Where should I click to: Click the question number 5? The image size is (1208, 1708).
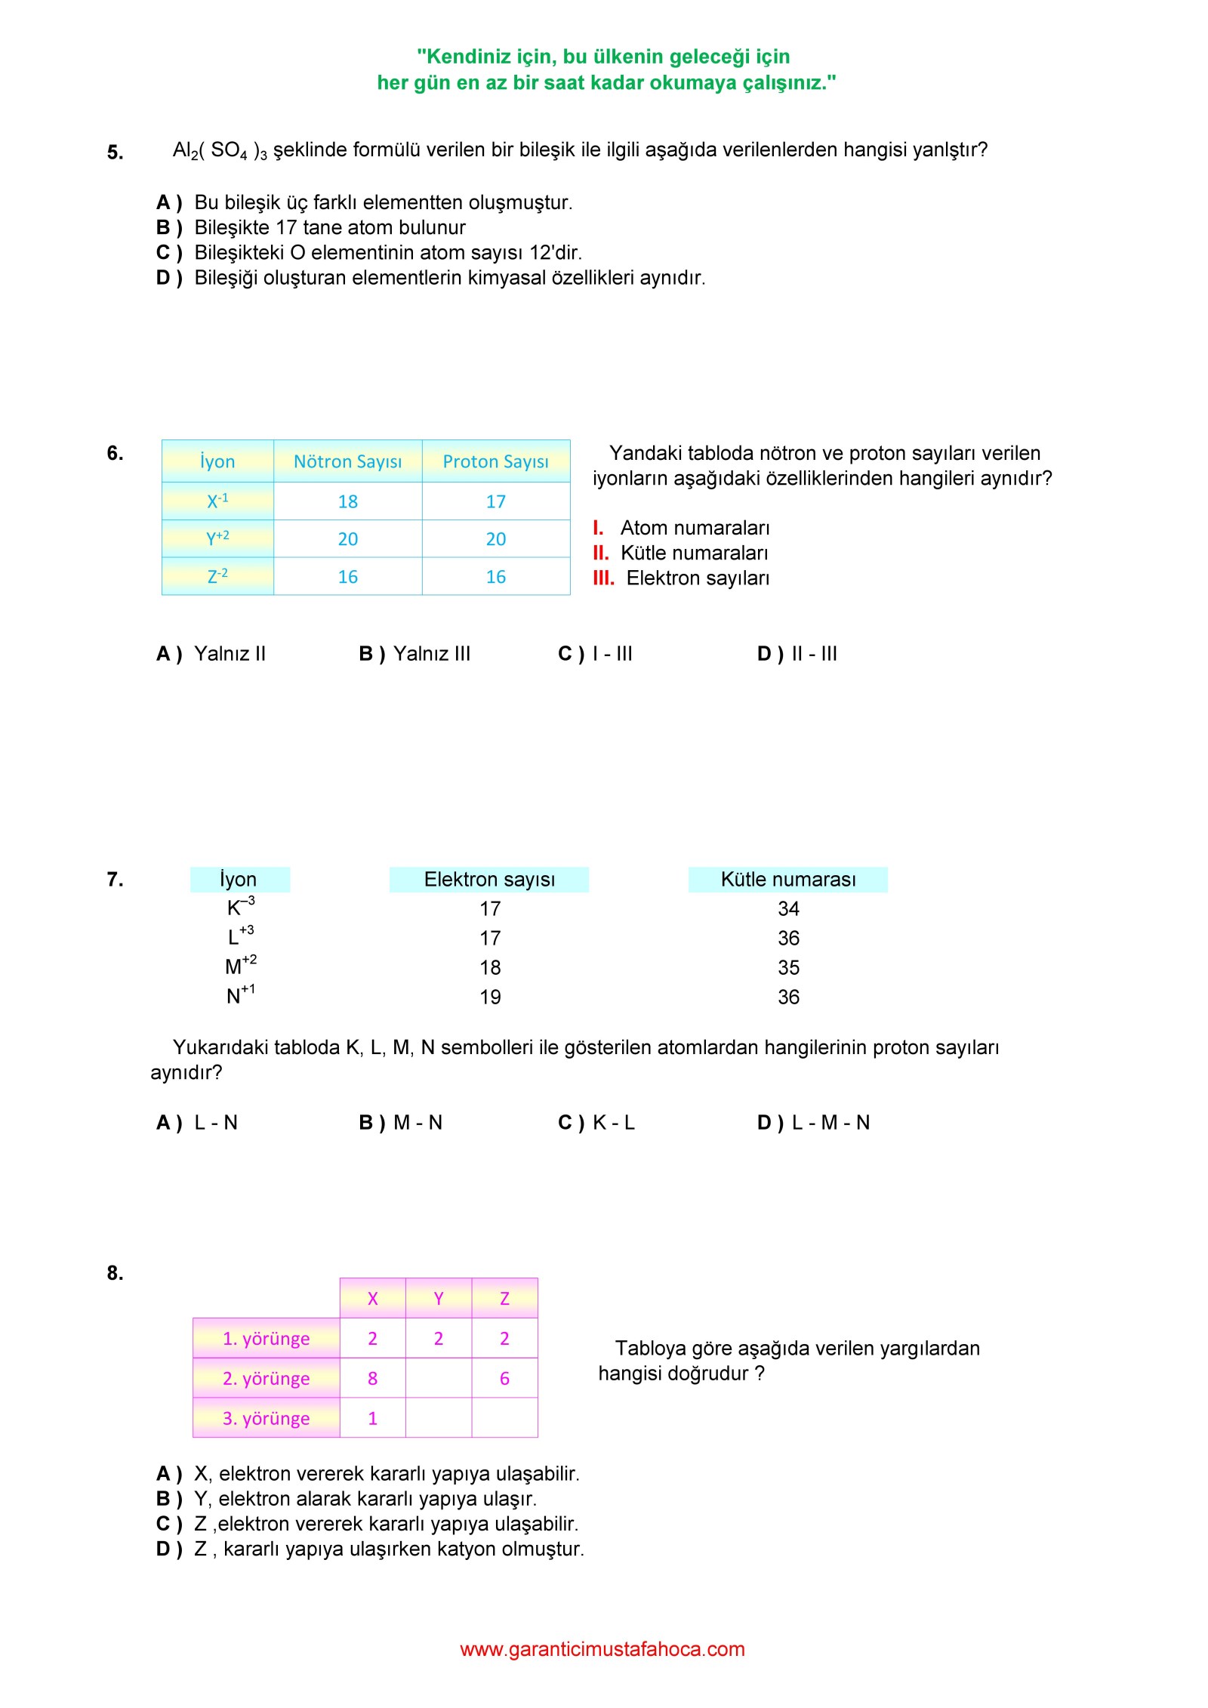pos(115,153)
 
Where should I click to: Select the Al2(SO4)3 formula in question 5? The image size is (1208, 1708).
pos(219,151)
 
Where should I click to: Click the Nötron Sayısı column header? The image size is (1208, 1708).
pos(347,461)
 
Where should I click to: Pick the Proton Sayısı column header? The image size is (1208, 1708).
pos(495,461)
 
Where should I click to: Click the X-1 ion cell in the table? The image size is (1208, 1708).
pos(217,501)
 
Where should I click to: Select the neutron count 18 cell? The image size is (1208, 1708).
pos(347,501)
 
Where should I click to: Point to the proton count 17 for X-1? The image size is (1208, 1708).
pos(495,501)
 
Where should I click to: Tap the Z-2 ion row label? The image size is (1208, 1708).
pos(217,576)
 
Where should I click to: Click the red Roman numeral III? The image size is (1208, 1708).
pos(603,578)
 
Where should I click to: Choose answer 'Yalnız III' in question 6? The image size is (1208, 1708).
pos(431,654)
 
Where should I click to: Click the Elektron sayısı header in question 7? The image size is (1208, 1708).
pos(489,880)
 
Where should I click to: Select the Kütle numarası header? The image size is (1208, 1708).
pos(787,880)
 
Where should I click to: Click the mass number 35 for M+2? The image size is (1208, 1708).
pos(788,968)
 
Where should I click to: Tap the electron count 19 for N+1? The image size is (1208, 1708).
pos(490,997)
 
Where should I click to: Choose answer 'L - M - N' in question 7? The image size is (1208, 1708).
pos(830,1123)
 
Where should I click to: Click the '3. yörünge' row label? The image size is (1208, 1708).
pos(266,1418)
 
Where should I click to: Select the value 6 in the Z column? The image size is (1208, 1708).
pos(504,1378)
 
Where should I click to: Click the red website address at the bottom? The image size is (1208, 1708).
pos(602,1649)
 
